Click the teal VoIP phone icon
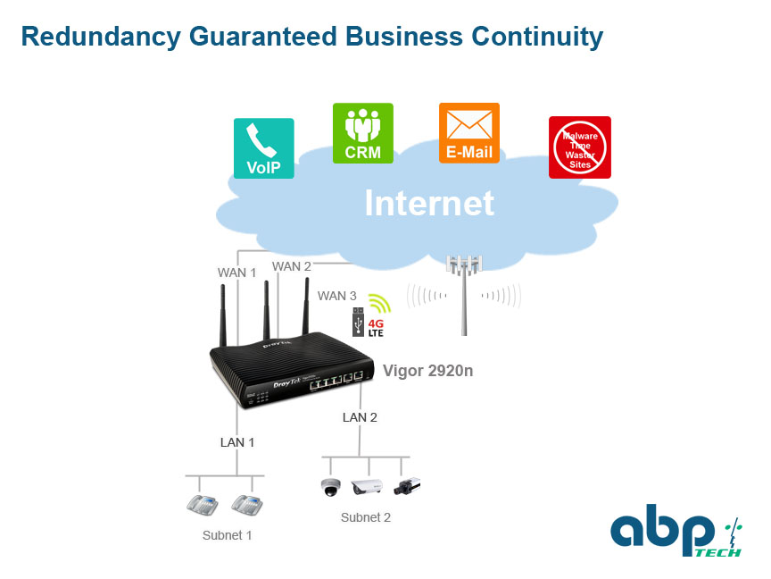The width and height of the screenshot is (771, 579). click(263, 148)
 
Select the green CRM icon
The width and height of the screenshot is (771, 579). click(363, 133)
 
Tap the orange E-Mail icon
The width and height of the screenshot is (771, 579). click(469, 133)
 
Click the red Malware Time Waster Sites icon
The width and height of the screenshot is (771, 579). click(580, 147)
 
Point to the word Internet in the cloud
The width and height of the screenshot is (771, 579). click(429, 203)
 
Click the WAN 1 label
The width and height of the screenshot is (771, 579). click(237, 273)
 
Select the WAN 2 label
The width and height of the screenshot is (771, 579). click(292, 266)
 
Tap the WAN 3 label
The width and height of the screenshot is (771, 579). click(336, 296)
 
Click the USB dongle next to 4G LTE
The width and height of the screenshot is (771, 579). click(358, 322)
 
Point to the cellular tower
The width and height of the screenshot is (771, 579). click(464, 295)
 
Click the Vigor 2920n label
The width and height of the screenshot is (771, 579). click(427, 371)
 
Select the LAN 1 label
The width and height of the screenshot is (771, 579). click(237, 442)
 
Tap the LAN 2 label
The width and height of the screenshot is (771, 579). click(360, 417)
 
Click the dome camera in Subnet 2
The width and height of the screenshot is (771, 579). click(330, 487)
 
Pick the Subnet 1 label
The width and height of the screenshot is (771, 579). click(228, 535)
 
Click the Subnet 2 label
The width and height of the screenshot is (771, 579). click(365, 517)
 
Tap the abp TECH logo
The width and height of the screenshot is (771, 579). click(676, 530)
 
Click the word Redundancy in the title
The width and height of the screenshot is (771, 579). click(102, 38)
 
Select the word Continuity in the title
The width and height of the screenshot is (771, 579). click(537, 38)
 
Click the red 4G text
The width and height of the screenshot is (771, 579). click(376, 323)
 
